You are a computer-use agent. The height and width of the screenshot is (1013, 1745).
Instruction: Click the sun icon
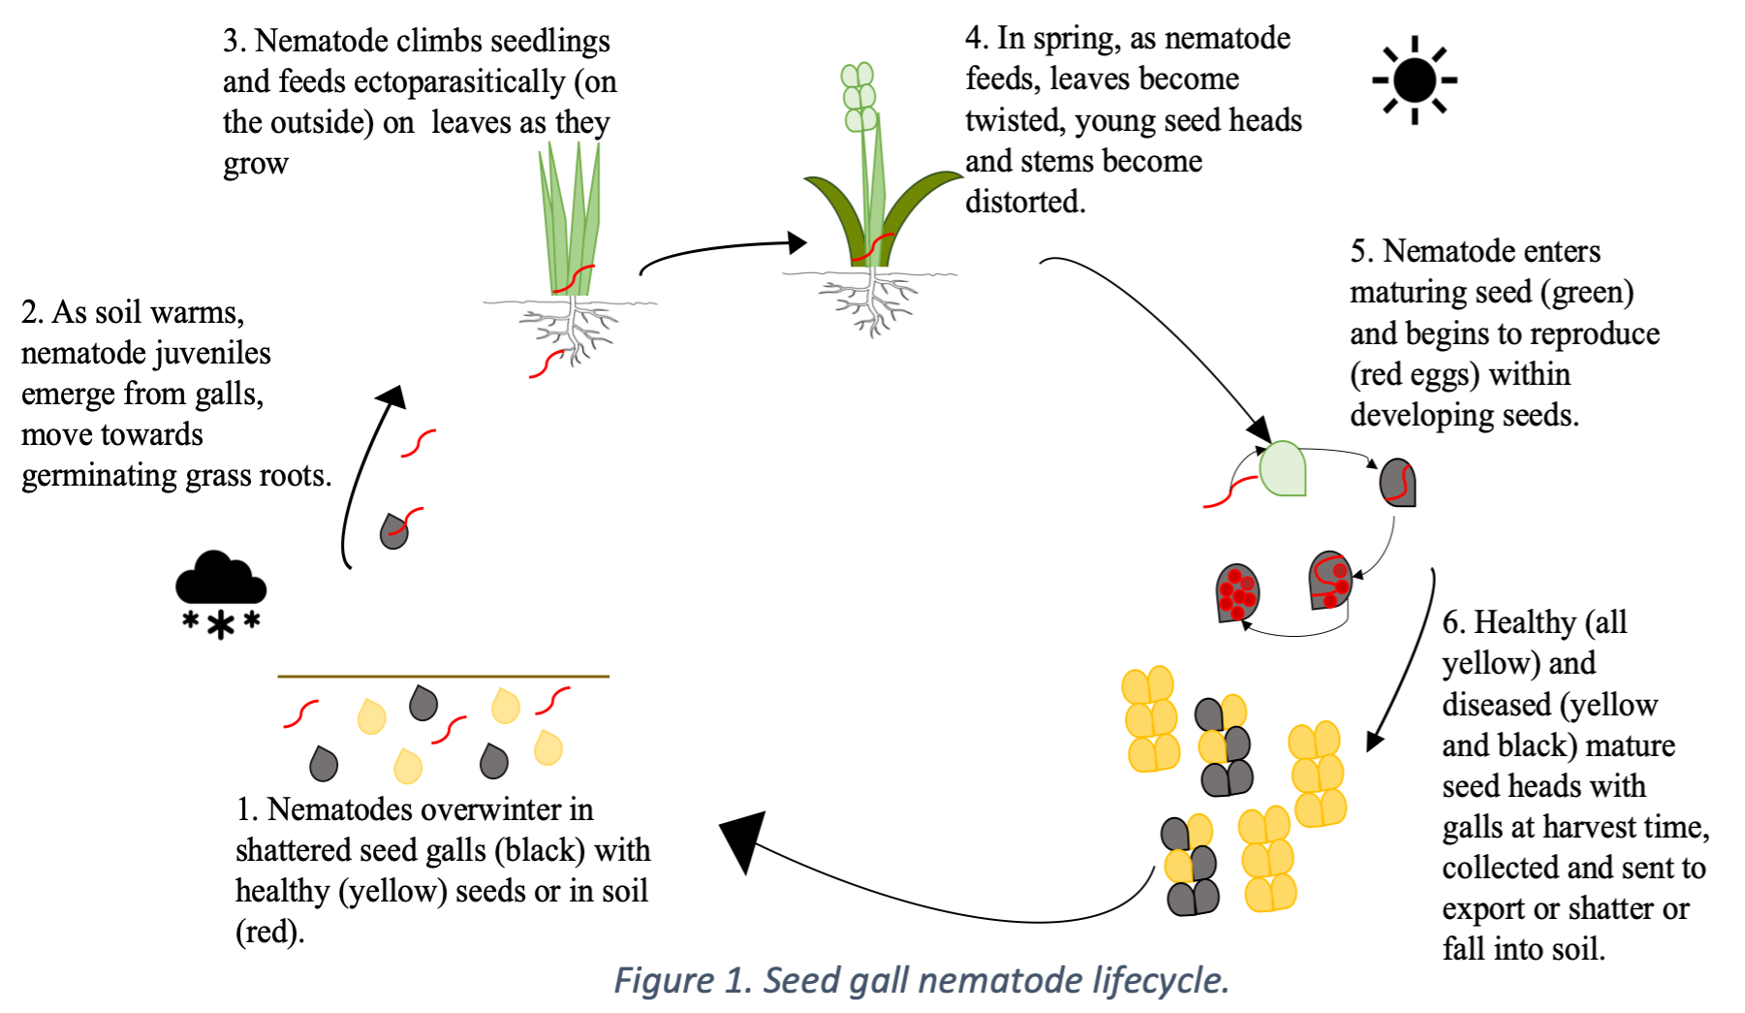click(x=1415, y=79)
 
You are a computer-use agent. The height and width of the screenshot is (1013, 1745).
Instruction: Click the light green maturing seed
click(x=1283, y=468)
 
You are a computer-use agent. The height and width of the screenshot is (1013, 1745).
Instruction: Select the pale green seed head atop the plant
click(x=858, y=97)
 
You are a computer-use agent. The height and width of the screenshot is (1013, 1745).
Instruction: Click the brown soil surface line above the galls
click(x=443, y=676)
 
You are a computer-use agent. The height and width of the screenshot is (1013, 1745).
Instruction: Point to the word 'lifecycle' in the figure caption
click(x=1160, y=980)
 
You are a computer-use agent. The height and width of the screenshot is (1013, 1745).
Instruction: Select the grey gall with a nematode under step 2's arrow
click(x=393, y=530)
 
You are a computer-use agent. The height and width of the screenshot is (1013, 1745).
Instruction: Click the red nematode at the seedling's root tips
click(x=545, y=364)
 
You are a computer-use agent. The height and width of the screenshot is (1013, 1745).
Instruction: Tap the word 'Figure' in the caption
click(x=664, y=980)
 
